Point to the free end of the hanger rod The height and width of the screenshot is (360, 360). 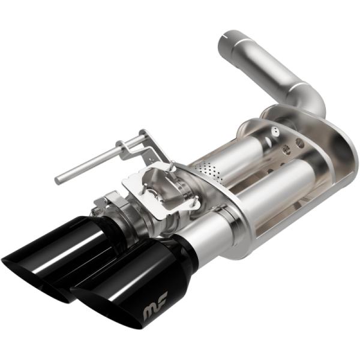(59, 179)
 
